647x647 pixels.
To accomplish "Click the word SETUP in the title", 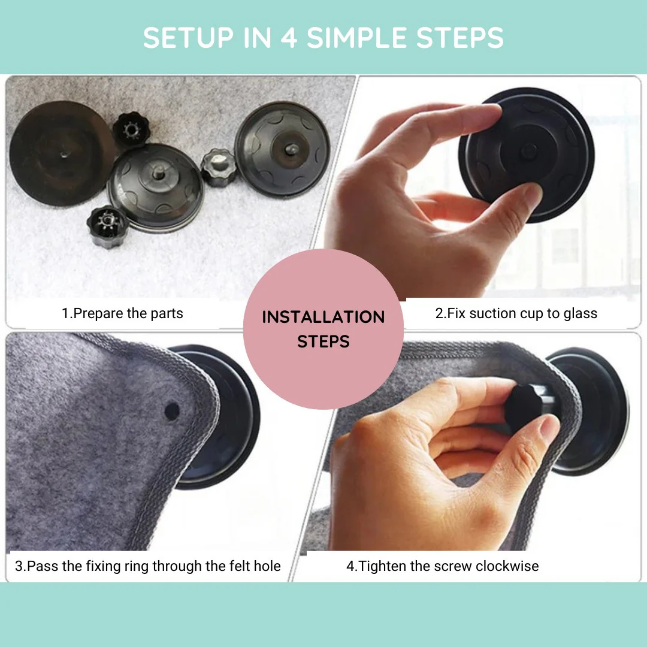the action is click(189, 38).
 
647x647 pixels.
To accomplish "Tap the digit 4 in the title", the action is click(289, 38).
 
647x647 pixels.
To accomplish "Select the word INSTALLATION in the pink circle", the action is click(323, 317).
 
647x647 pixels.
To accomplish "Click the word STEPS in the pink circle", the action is click(323, 341).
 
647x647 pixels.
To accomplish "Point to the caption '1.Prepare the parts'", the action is click(122, 313).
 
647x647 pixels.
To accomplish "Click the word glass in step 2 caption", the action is click(580, 313).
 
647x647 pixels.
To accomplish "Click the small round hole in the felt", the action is click(172, 411).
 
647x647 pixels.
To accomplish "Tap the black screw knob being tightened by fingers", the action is click(524, 404).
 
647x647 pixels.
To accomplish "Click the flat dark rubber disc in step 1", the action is click(61, 153).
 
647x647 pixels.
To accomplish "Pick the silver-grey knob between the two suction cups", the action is click(219, 167).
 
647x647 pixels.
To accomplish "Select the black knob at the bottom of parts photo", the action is click(107, 226).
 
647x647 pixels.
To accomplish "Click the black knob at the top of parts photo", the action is click(131, 129).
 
